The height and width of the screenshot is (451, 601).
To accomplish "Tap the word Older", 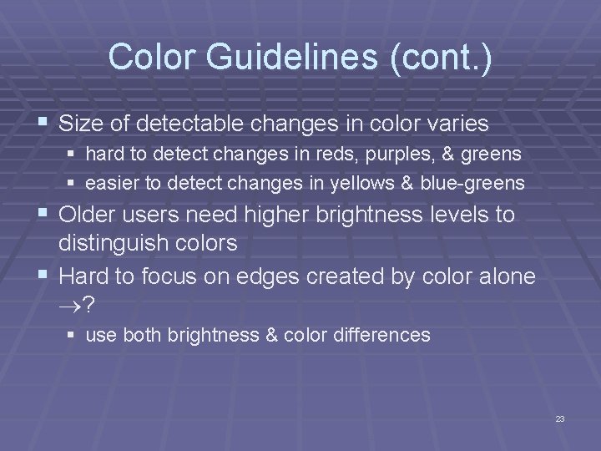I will pyautogui.click(x=91, y=215).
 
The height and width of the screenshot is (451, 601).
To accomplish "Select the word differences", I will pyautogui.click(x=384, y=336).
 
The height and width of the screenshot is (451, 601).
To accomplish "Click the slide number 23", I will pyautogui.click(x=559, y=418).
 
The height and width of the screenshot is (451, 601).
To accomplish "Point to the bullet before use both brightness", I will pyautogui.click(x=73, y=337).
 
